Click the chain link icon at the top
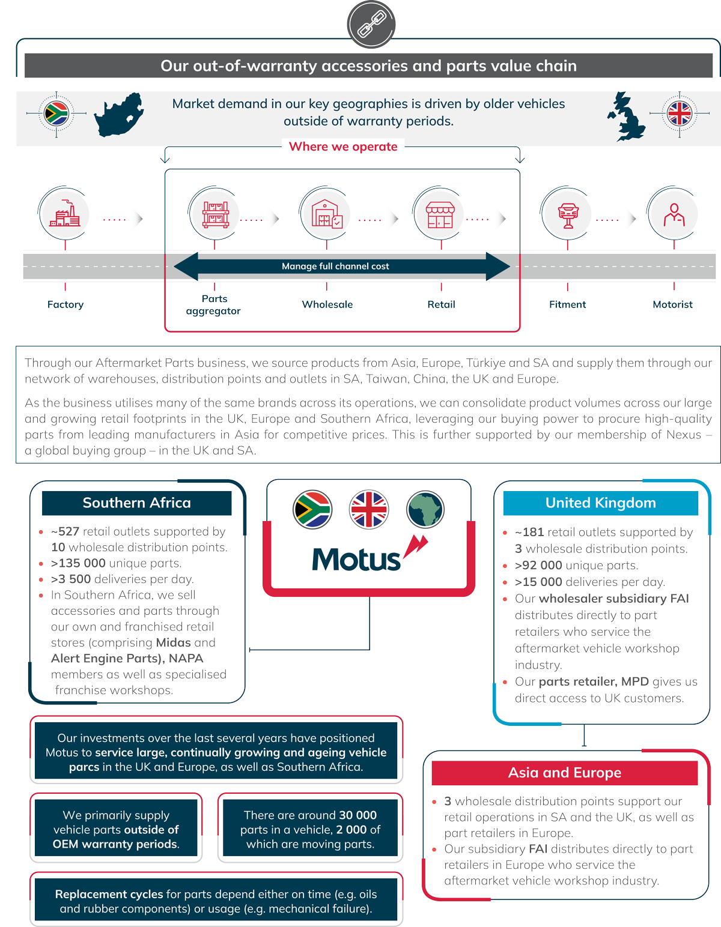pos(371,25)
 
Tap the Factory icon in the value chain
pos(64,214)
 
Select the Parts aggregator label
pos(213,304)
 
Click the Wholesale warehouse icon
pos(326,214)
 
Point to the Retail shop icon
pos(440,214)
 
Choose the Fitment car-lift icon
pos(567,214)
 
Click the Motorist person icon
pos(674,214)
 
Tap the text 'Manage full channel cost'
pos(335,266)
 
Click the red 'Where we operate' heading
pos(343,146)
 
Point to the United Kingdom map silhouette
pos(627,117)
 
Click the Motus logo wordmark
pos(356,560)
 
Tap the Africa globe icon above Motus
pos(425,509)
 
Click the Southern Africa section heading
pos(136,503)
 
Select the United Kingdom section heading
pos(600,503)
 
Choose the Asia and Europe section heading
pos(564,773)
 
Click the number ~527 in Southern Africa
pos(65,531)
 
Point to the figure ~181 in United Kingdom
pos(529,532)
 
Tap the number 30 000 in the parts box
pos(357,815)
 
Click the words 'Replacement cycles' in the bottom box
pos(109,894)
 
